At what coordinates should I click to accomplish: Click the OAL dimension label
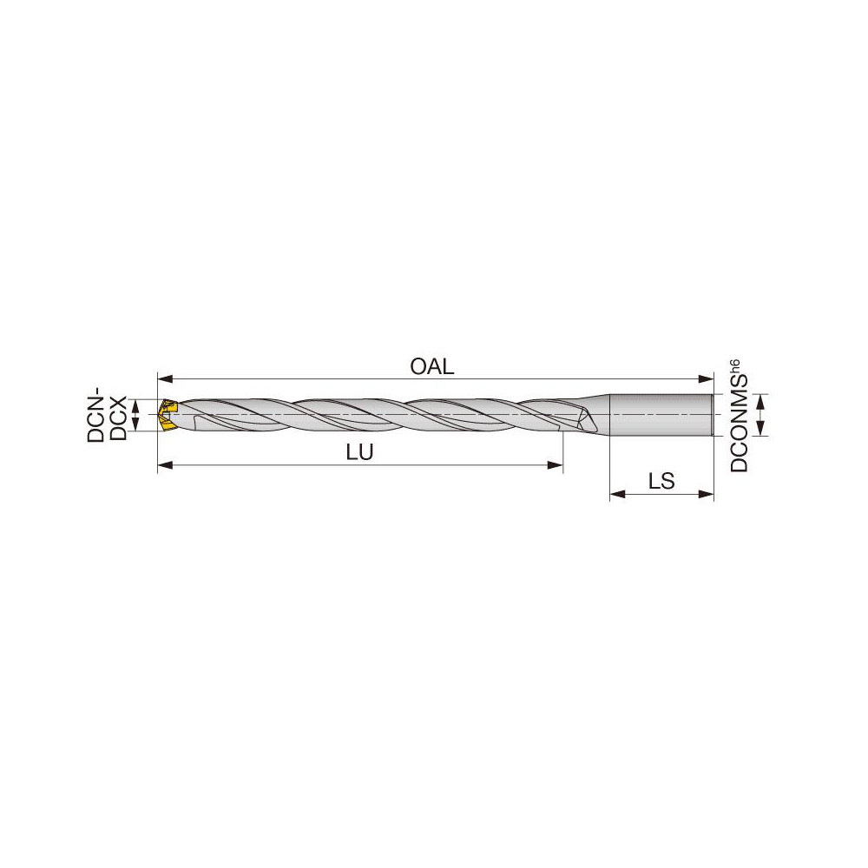pyautogui.click(x=431, y=366)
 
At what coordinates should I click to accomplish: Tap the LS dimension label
pyautogui.click(x=661, y=482)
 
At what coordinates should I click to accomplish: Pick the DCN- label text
pyautogui.click(x=96, y=418)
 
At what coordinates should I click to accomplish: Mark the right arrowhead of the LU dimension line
pyautogui.click(x=557, y=466)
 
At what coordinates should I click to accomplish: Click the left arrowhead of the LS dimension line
pyautogui.click(x=616, y=496)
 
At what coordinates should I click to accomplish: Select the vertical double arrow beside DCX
pyautogui.click(x=135, y=415)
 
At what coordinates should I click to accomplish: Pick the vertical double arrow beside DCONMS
pyautogui.click(x=760, y=415)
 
